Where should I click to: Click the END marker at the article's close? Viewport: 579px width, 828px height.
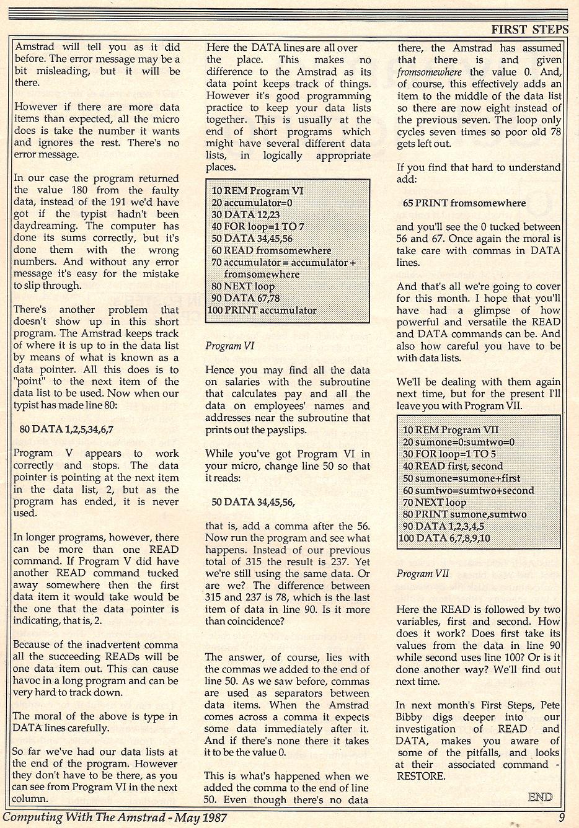click(540, 797)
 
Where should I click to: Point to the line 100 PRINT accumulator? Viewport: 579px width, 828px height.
click(262, 310)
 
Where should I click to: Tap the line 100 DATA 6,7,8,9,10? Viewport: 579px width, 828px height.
click(444, 538)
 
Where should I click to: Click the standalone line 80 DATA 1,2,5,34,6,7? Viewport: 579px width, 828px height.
click(67, 428)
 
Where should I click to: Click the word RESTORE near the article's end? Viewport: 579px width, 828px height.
click(421, 776)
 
